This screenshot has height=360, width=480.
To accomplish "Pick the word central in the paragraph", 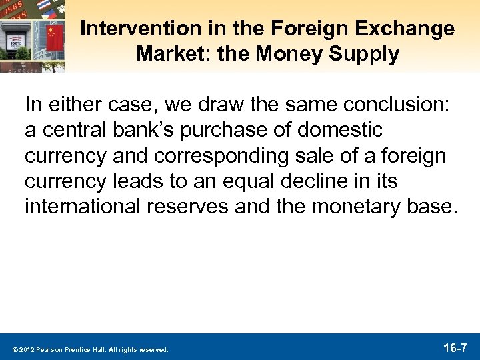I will point(71,130).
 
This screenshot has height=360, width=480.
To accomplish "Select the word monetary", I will point(357,207).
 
